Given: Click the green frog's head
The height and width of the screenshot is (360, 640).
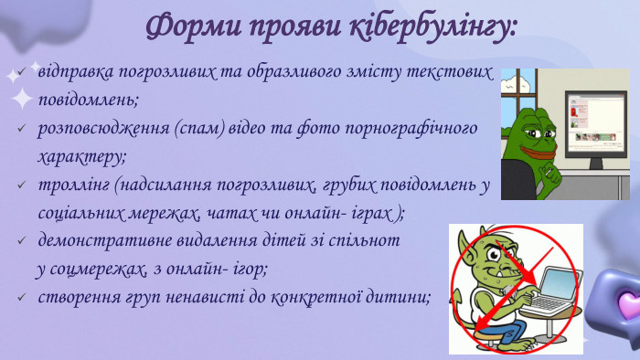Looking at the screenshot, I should pos(532,128).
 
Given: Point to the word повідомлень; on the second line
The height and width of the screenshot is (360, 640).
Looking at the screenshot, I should pos(88,99).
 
